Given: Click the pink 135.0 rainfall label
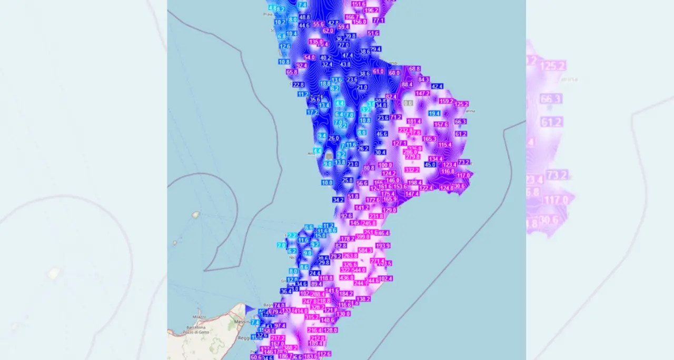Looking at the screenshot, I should [316, 42].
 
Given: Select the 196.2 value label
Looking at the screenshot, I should [371, 10].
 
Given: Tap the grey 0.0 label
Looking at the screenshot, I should [408, 103].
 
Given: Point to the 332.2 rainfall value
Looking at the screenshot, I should [412, 169].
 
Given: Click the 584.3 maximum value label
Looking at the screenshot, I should [365, 250].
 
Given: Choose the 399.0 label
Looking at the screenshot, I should [362, 237].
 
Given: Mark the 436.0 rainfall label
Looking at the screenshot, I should [346, 277].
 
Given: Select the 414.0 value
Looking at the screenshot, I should [301, 311].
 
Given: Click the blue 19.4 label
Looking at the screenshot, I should [434, 113].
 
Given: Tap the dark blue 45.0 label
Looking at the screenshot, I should [430, 165].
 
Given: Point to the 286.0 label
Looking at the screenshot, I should [410, 152].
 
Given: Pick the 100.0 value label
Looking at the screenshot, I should [385, 165].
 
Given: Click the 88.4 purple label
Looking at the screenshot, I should [407, 84].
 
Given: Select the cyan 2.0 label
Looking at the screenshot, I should [281, 245].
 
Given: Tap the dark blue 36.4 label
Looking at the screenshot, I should [286, 291].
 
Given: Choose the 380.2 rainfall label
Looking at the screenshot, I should [291, 347].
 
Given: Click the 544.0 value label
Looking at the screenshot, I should [359, 270].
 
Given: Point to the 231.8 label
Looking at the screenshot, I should [376, 216].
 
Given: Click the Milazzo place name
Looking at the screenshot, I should [199, 316].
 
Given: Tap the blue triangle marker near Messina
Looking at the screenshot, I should [249, 310].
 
